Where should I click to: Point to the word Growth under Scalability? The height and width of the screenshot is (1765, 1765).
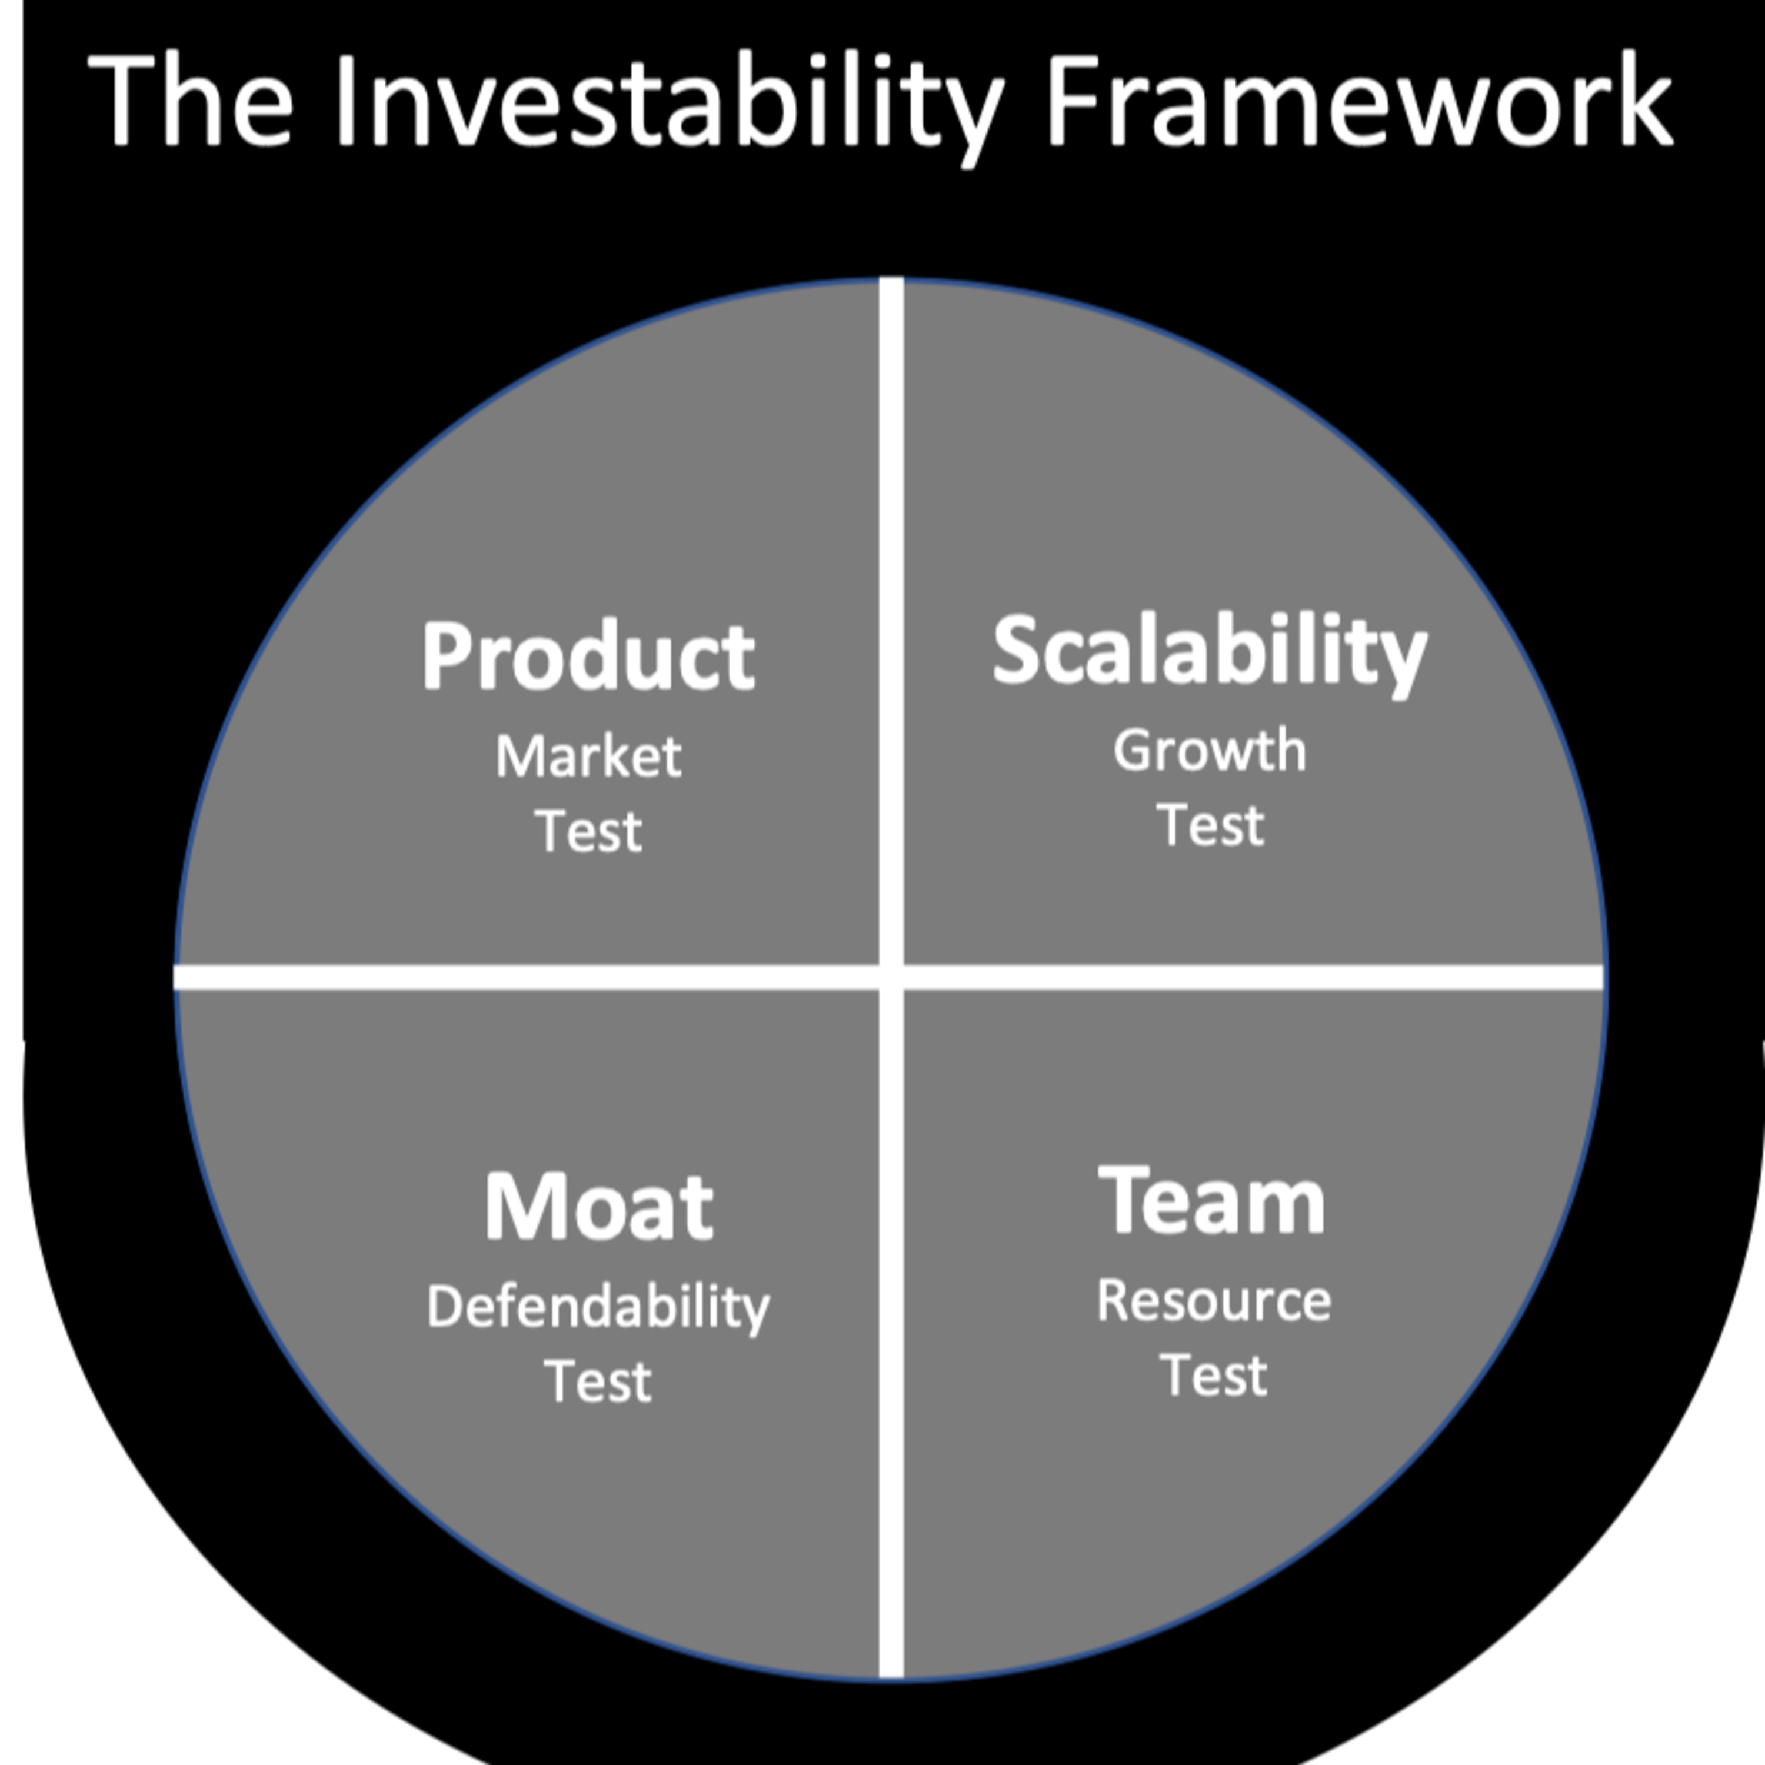pos(1210,750)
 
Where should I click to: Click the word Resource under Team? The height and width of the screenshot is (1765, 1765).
pos(1213,1301)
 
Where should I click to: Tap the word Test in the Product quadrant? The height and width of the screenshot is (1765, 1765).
pos(588,831)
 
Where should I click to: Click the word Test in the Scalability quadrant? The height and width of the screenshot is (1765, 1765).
pos(1210,825)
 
